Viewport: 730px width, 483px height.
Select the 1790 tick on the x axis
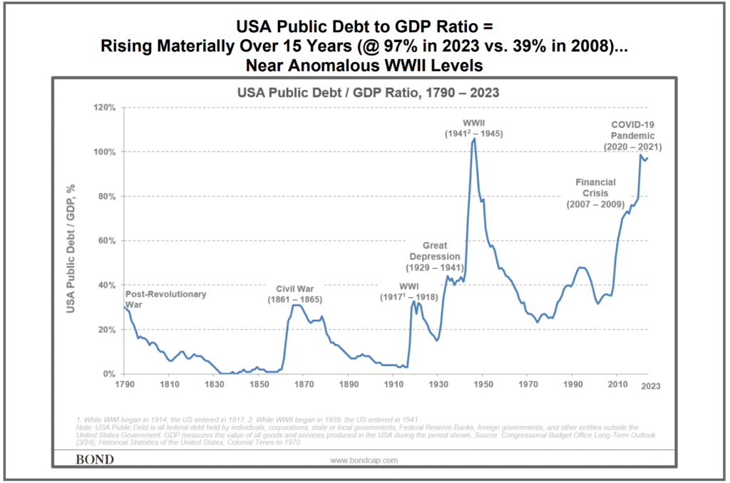124,385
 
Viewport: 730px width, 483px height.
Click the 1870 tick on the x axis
303,385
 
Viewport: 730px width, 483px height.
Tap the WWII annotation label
474,128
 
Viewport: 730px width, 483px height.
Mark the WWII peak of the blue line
474,140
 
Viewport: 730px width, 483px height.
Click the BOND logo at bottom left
94,459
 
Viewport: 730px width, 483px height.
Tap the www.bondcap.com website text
365,460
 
